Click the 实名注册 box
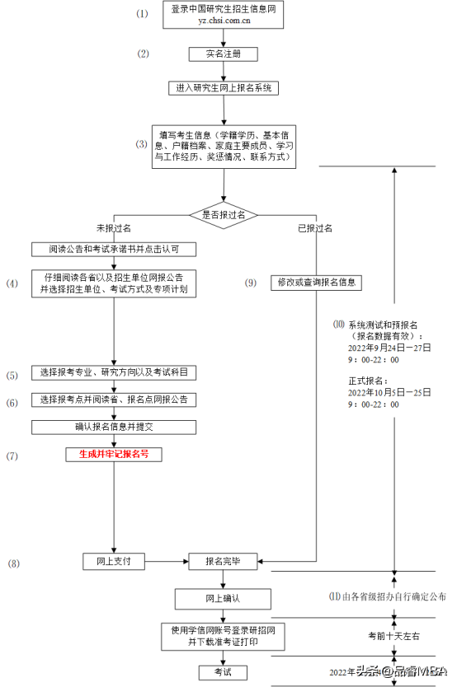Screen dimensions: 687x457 (223, 54)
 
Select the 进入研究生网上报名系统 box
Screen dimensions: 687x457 (224, 87)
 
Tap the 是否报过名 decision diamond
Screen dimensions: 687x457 (224, 214)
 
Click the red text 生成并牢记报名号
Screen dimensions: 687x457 (114, 454)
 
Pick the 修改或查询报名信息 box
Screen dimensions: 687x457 (316, 282)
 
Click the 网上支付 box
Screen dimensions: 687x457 (114, 561)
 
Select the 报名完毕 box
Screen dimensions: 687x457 (223, 561)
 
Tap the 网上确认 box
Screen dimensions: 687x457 (223, 597)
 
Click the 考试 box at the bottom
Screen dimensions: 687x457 (223, 672)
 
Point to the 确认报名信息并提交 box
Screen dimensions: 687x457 (114, 427)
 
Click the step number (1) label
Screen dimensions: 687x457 (142, 14)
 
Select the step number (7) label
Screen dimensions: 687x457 (12, 455)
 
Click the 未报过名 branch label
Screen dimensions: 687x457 (113, 227)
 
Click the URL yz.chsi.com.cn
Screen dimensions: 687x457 (224, 21)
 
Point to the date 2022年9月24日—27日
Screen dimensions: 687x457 (389, 348)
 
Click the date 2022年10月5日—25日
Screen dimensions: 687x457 (389, 393)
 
